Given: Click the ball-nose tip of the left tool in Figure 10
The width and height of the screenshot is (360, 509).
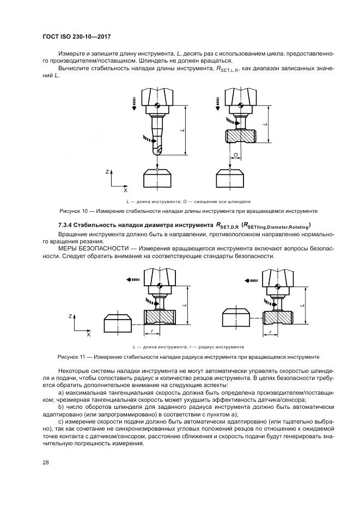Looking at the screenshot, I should click(157, 148).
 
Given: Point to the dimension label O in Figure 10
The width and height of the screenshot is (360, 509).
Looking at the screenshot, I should click(235, 155).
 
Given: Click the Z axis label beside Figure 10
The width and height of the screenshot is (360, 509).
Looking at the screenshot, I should click(107, 171).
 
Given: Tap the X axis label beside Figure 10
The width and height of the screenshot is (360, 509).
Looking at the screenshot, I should click(125, 191).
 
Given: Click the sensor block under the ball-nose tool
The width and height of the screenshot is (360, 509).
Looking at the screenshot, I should click(157, 179).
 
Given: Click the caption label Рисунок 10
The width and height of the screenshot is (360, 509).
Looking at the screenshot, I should click(75, 211).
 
